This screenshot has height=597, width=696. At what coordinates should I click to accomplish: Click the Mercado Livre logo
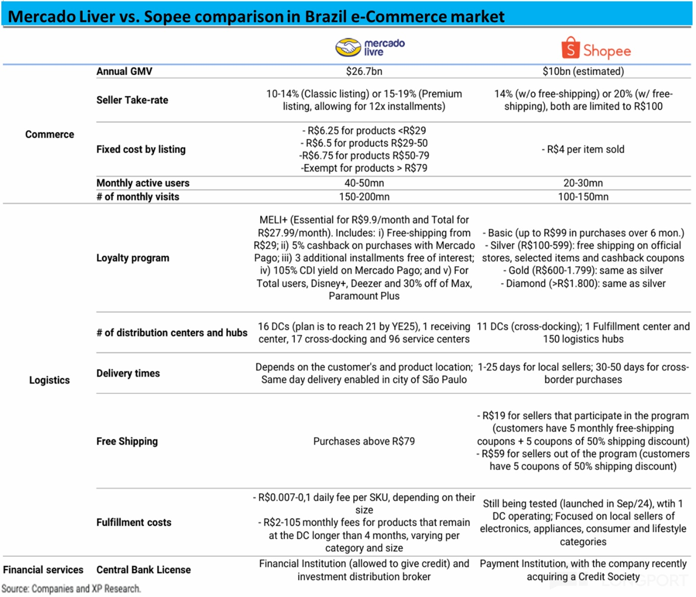tap(370, 48)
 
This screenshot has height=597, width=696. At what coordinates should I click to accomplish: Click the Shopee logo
tap(596, 49)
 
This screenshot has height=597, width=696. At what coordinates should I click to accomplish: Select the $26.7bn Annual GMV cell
tap(364, 71)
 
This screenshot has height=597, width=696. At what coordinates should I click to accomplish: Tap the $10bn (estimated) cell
tap(583, 71)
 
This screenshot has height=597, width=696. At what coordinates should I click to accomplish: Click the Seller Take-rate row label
tap(132, 100)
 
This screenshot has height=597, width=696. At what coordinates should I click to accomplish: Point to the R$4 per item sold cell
tap(583, 149)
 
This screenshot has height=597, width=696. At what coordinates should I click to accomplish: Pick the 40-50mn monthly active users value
tap(364, 183)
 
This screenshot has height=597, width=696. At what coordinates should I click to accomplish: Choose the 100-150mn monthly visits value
tap(583, 197)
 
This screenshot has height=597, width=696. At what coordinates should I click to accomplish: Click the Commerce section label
tap(50, 134)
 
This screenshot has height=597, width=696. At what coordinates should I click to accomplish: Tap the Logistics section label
tap(49, 380)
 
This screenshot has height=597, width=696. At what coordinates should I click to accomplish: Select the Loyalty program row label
tap(133, 258)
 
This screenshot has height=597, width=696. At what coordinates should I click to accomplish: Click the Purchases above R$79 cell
tap(364, 441)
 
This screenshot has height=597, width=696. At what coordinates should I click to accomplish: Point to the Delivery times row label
tap(128, 373)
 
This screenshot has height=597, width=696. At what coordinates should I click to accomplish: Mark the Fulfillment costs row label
tap(134, 522)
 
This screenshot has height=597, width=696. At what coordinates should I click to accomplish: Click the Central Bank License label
tap(144, 570)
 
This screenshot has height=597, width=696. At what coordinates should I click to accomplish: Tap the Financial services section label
tap(43, 570)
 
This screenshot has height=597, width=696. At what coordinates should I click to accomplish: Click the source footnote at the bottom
tap(71, 589)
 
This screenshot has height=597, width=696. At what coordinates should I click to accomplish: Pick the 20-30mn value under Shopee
tap(583, 183)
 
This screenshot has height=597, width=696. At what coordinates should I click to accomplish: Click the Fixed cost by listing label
tap(141, 149)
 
